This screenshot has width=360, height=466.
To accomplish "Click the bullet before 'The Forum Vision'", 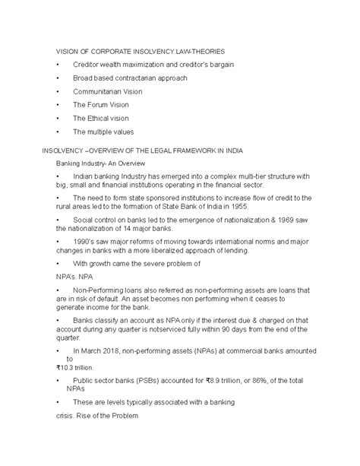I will click(58, 105).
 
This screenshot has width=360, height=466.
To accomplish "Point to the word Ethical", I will click(103, 119).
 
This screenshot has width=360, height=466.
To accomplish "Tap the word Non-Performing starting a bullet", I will click(102, 291).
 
